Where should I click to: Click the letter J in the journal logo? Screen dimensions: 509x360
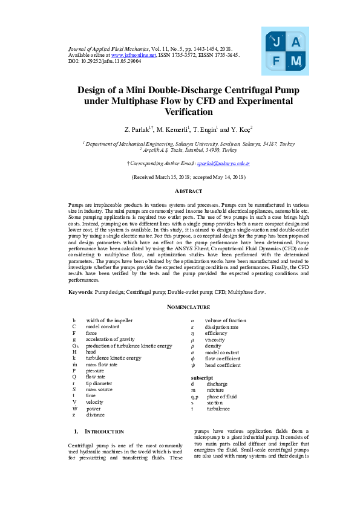pos(277,42)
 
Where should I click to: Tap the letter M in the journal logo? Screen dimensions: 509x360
pos(296,61)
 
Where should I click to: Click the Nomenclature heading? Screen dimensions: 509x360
pos(180,307)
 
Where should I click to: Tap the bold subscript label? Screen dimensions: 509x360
pos(201,377)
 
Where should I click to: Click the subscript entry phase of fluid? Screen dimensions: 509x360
pos(221,396)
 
